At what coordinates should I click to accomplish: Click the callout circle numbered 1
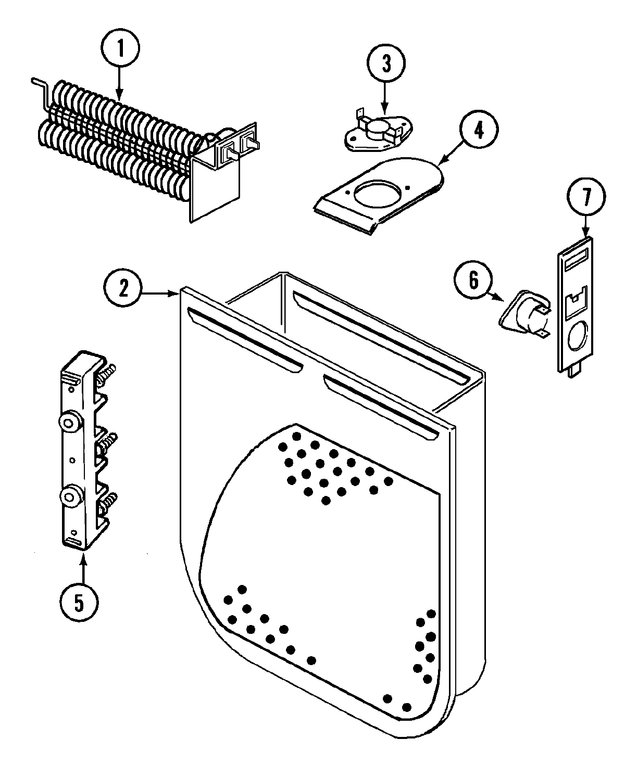(120, 49)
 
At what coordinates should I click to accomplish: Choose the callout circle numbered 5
(79, 602)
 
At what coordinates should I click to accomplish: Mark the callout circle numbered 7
(586, 197)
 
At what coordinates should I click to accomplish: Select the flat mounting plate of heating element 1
(215, 187)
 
